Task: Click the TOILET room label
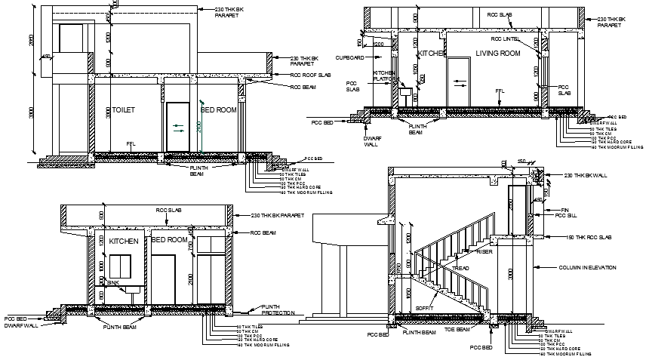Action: (x=123, y=110)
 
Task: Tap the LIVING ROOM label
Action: (x=498, y=54)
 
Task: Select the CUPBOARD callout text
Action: (x=349, y=57)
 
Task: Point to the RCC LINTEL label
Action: (x=506, y=38)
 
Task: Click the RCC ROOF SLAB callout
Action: (x=312, y=75)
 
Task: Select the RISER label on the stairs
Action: (x=484, y=252)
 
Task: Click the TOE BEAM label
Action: (x=458, y=331)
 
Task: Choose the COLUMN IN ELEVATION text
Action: (x=586, y=268)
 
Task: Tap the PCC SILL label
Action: (x=566, y=216)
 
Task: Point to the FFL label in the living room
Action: (x=499, y=91)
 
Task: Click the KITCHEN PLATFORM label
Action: (x=379, y=78)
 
